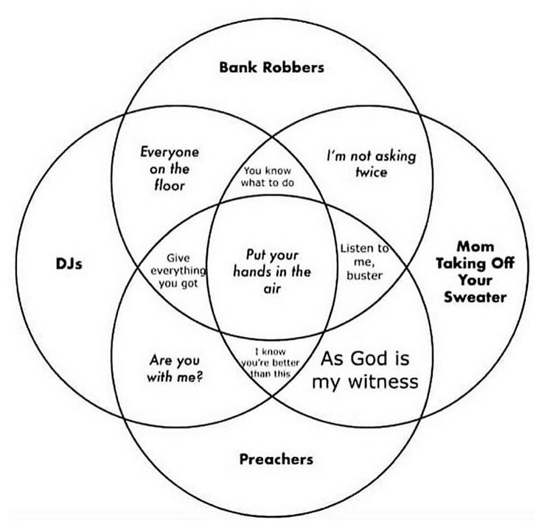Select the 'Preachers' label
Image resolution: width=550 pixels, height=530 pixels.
pyautogui.click(x=276, y=459)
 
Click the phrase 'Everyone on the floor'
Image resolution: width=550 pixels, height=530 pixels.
pyautogui.click(x=170, y=168)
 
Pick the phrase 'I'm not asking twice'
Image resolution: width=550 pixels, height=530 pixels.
pyautogui.click(x=371, y=164)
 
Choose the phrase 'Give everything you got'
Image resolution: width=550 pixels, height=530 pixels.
pyautogui.click(x=174, y=270)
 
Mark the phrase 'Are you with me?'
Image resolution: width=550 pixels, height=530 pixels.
pyautogui.click(x=176, y=368)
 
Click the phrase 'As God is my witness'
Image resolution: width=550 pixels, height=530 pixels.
pyautogui.click(x=364, y=371)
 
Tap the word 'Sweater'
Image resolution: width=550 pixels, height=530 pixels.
pyautogui.click(x=480, y=297)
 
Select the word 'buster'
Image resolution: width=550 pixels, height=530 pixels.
pyautogui.click(x=364, y=275)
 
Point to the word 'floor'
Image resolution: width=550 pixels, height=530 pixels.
pyautogui.click(x=170, y=184)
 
